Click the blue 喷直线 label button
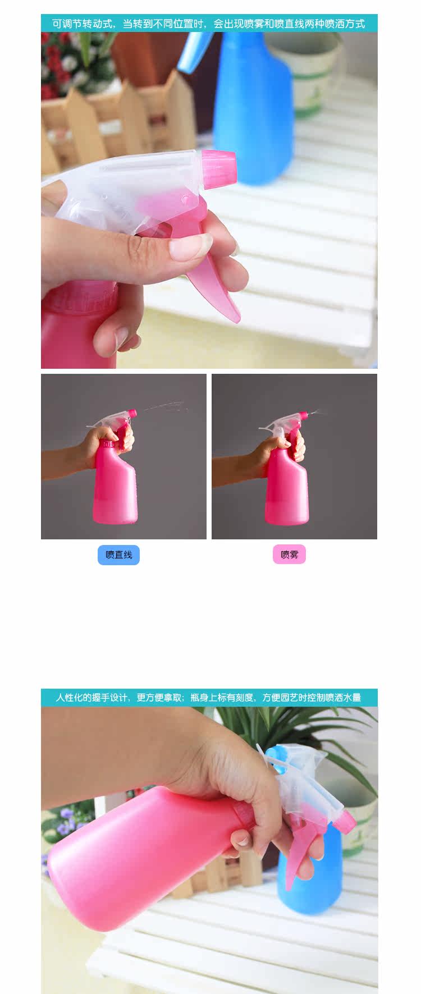point(118,555)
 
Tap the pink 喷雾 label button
point(290,555)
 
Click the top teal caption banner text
point(209,24)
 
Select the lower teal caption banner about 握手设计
point(209,698)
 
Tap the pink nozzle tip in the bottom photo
point(346,821)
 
